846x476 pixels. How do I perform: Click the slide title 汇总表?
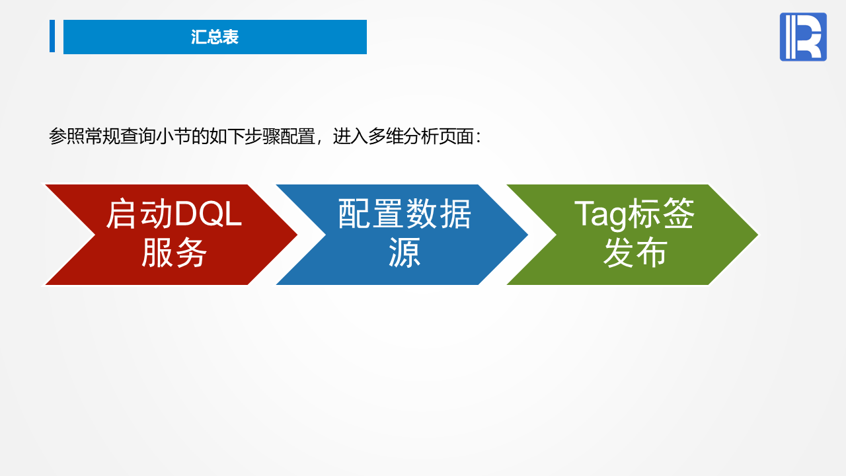pyautogui.click(x=215, y=37)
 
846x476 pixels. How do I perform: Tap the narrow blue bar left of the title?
pyautogui.click(x=52, y=36)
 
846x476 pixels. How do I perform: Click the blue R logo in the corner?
pyautogui.click(x=803, y=36)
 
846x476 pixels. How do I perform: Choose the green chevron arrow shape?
pyautogui.click(x=633, y=235)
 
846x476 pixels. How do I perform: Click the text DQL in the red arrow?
pyautogui.click(x=208, y=214)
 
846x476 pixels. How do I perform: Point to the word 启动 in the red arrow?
pyautogui.click(x=139, y=214)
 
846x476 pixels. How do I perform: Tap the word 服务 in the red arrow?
pyautogui.click(x=174, y=253)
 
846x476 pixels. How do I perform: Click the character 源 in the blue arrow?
pyautogui.click(x=404, y=253)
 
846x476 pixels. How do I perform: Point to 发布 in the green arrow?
pyautogui.click(x=635, y=253)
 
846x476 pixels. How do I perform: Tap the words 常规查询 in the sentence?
pyautogui.click(x=120, y=136)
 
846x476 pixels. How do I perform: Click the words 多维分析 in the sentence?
pyautogui.click(x=403, y=136)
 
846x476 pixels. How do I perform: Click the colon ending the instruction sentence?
pyautogui.click(x=479, y=138)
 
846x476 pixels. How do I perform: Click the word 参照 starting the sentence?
pyautogui.click(x=67, y=136)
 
